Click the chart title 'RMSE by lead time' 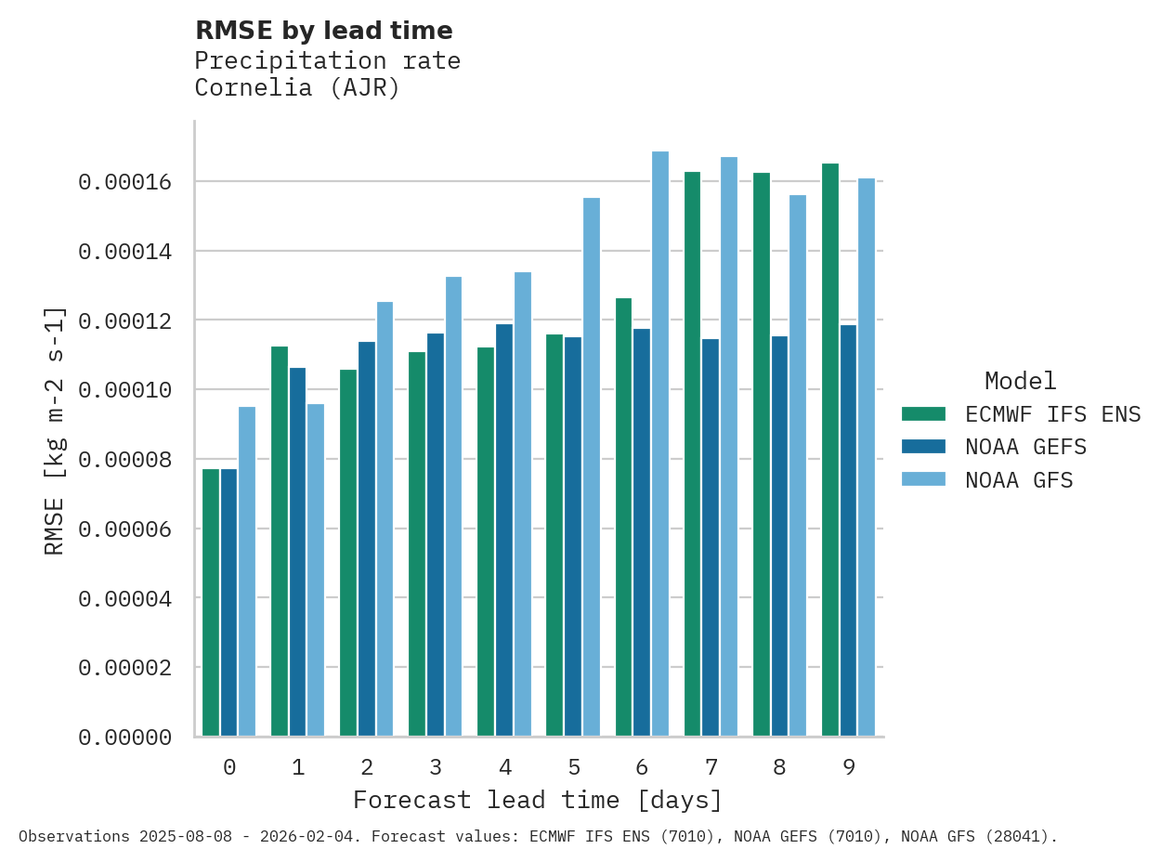tap(323, 31)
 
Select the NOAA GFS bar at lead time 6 tap(660, 444)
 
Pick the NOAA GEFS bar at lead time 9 tap(849, 530)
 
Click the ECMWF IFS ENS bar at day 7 tap(693, 454)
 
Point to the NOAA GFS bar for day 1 tap(316, 569)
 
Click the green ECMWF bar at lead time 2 tap(348, 553)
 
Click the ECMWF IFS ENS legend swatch tap(923, 413)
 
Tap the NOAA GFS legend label tap(1019, 480)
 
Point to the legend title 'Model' tap(1020, 381)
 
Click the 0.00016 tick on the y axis tap(124, 182)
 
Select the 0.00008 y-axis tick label tap(124, 460)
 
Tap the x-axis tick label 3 tap(436, 767)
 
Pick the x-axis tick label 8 tap(779, 767)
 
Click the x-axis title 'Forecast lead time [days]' tap(537, 800)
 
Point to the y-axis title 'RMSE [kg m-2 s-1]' tap(55, 430)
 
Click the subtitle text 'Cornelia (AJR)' tap(297, 88)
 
